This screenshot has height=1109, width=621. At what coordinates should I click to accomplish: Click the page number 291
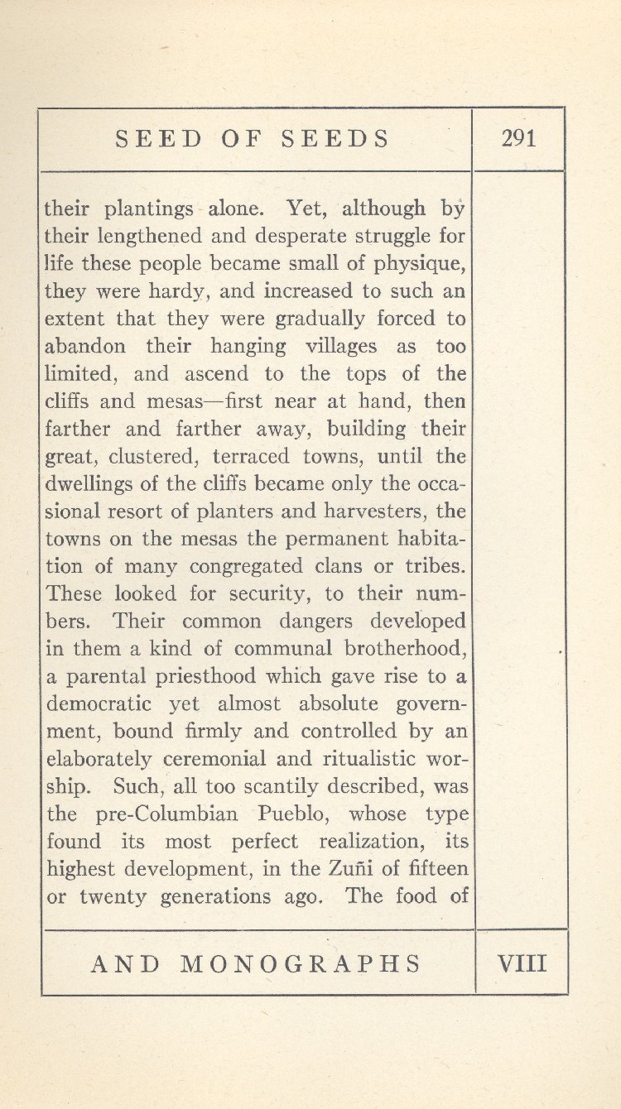tap(519, 138)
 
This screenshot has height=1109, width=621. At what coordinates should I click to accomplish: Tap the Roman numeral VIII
tap(522, 963)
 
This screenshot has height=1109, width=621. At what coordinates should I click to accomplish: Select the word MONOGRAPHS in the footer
tap(301, 963)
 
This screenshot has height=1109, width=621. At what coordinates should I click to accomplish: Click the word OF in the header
tap(239, 138)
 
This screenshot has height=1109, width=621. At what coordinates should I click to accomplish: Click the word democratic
tap(99, 704)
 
